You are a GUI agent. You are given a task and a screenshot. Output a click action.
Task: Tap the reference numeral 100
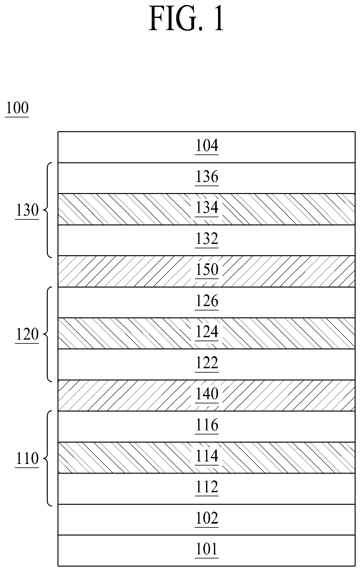[17, 108]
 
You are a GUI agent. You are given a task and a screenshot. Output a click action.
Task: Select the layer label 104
[207, 146]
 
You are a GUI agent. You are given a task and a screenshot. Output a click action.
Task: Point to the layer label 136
[207, 177]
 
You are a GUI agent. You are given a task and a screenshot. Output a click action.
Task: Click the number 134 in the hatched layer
[207, 207]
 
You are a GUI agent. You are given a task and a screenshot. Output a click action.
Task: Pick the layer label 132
[207, 239]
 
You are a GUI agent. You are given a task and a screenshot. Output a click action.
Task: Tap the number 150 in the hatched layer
[207, 270]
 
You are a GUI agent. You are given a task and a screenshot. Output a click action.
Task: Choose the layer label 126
[207, 301]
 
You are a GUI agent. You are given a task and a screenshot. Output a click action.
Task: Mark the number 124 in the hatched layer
[207, 332]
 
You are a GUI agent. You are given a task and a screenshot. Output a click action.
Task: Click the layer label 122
[207, 363]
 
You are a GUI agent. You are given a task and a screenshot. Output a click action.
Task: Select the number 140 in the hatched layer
[207, 394]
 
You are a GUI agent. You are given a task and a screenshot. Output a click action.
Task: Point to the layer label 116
[207, 425]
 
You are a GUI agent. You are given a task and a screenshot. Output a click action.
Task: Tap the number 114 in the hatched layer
[207, 456]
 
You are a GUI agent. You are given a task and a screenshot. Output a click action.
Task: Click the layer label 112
[207, 488]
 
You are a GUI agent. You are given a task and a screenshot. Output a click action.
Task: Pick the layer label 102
[207, 518]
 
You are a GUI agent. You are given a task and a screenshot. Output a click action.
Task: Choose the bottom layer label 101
[207, 550]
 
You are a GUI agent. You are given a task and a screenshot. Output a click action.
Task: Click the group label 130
[27, 210]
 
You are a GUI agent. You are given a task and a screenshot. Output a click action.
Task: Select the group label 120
[27, 335]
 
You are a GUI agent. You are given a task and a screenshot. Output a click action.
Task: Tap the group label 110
[27, 459]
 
